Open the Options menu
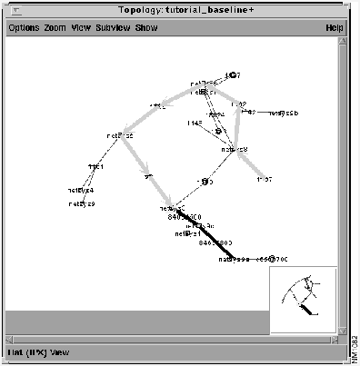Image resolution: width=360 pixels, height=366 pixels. pyautogui.click(x=23, y=28)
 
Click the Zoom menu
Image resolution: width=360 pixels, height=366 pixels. pyautogui.click(x=55, y=28)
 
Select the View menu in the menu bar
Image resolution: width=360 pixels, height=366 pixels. pyautogui.click(x=81, y=28)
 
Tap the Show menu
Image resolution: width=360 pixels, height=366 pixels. pyautogui.click(x=145, y=28)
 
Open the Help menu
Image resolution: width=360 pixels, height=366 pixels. pyautogui.click(x=334, y=28)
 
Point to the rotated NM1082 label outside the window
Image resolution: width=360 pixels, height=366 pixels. pyautogui.click(x=354, y=346)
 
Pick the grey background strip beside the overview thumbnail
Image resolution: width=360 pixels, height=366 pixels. pyautogui.click(x=136, y=320)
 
